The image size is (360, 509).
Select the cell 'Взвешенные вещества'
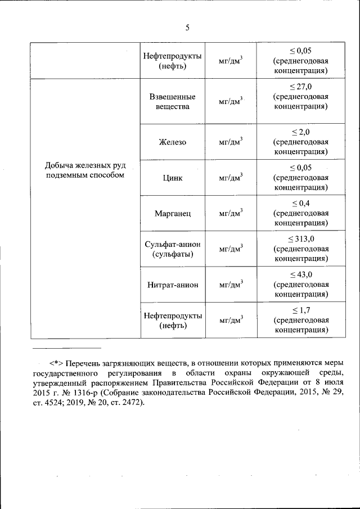coord(173,101)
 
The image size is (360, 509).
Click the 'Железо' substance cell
coord(173,142)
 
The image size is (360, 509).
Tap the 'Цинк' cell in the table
coord(173,177)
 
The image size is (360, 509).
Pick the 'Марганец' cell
coord(173,213)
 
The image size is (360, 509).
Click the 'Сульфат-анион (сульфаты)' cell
coord(173,249)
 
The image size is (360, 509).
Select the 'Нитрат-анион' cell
coord(173,285)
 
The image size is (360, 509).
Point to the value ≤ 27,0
coord(301,86)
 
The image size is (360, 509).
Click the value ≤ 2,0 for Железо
coord(301,132)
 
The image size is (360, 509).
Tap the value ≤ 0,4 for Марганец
coord(301,203)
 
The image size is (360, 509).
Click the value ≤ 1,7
coord(301,310)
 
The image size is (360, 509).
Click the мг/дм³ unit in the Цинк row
coord(231,177)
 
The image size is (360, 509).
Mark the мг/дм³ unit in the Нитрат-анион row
coord(231,285)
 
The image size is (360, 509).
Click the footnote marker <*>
coord(56,363)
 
